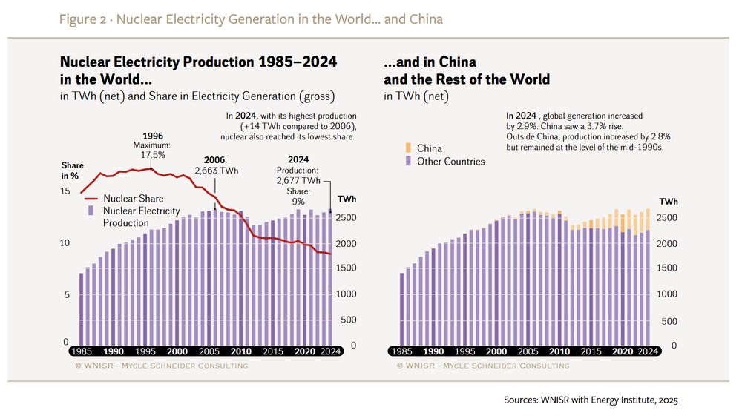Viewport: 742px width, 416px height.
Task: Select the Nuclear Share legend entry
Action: pos(133,199)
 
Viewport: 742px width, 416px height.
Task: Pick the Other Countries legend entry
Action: pos(450,161)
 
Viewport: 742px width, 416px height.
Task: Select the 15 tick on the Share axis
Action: pos(65,192)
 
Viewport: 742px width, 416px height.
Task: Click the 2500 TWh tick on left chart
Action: pos(347,218)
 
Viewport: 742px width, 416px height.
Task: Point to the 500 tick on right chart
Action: pos(669,321)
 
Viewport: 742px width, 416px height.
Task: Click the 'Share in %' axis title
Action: pos(73,171)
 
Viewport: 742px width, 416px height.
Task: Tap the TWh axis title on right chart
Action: pos(668,202)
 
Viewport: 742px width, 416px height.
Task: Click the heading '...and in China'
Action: pos(430,62)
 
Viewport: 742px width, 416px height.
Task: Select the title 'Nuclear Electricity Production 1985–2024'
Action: pos(197,62)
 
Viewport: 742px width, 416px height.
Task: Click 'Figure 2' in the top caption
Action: pos(81,19)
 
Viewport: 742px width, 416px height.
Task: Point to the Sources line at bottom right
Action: pos(591,400)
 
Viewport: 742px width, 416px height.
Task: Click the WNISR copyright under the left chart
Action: pos(162,366)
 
